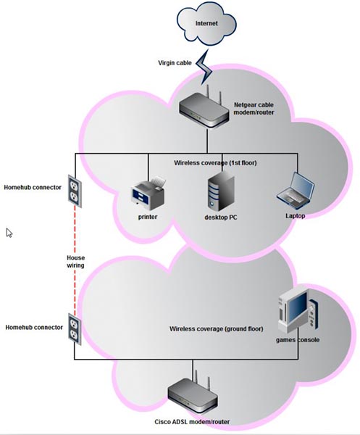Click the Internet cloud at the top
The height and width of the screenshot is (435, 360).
click(206, 23)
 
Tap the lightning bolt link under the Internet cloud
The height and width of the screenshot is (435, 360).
click(204, 67)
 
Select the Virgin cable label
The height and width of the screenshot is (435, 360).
click(175, 63)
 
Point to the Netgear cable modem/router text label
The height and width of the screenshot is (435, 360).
click(254, 109)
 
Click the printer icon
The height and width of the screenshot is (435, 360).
click(148, 194)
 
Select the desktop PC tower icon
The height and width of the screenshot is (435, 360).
click(221, 191)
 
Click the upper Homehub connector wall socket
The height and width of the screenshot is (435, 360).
click(75, 191)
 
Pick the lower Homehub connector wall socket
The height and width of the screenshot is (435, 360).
click(75, 329)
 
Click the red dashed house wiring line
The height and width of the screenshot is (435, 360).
click(75, 261)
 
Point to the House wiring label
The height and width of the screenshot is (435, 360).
click(75, 262)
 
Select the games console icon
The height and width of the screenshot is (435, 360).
click(298, 311)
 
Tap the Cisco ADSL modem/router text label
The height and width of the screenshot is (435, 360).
click(192, 422)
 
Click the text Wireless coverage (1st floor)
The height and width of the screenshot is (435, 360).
click(215, 163)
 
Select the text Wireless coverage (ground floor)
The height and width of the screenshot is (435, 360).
click(216, 328)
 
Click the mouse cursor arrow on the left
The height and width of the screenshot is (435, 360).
click(9, 233)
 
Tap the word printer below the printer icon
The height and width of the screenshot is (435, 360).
click(148, 217)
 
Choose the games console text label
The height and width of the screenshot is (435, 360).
click(298, 340)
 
